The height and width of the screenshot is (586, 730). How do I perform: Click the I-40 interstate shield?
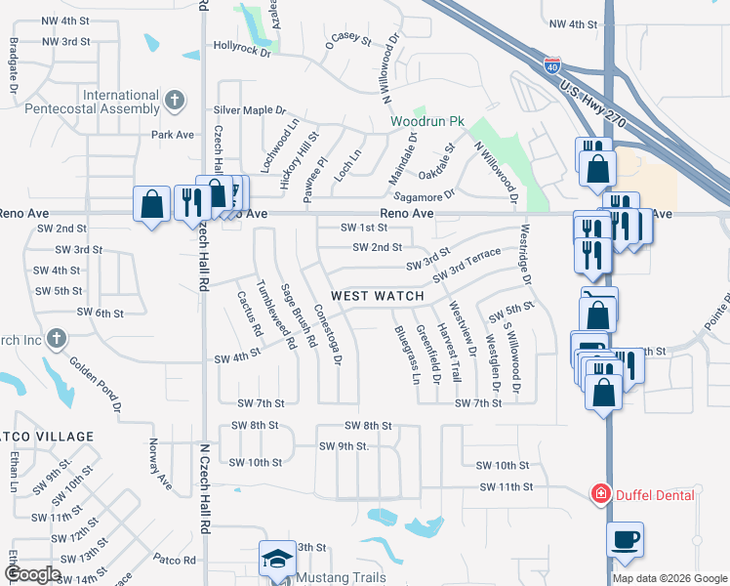click(552, 66)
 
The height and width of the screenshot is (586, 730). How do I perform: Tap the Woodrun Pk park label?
click(426, 121)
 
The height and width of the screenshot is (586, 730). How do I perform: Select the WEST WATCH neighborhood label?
click(378, 296)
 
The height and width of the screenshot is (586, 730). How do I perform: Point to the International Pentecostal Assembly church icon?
click(174, 100)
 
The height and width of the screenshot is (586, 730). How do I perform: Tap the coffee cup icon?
click(625, 538)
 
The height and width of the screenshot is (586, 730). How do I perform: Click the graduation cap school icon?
click(276, 559)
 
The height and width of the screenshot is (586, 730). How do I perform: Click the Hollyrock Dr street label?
click(241, 46)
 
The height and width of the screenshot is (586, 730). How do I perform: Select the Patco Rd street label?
click(175, 560)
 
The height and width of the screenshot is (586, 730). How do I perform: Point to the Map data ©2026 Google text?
click(669, 578)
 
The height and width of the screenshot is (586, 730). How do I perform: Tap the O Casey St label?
click(349, 40)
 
